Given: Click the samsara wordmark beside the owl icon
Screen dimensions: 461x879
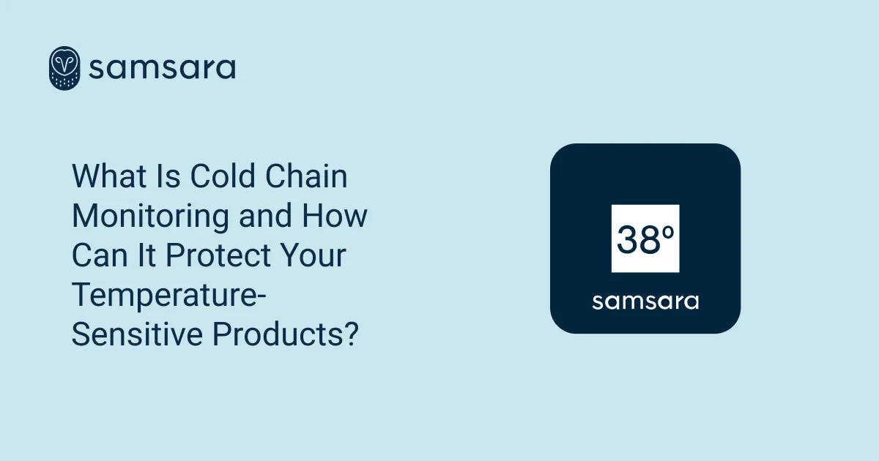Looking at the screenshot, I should (x=162, y=68).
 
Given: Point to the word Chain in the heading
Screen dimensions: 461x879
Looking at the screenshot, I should (x=307, y=177).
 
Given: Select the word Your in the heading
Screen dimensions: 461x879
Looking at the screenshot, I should (x=315, y=256).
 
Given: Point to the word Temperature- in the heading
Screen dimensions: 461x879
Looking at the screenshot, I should (x=169, y=296).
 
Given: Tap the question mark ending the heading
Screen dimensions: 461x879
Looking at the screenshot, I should (x=352, y=335).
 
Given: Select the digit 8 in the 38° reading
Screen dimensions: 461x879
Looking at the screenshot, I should (x=650, y=239).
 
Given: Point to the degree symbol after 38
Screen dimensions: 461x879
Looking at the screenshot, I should (x=668, y=229).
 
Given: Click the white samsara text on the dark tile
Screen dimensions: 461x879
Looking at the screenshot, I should (x=645, y=301).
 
